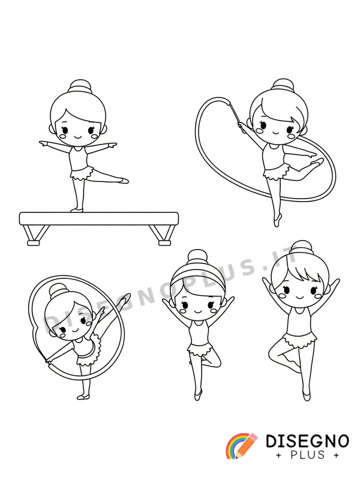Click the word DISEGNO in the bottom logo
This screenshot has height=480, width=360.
[307, 441]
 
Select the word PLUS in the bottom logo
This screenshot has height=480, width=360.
[307, 455]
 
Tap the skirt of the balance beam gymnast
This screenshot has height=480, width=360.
[81, 173]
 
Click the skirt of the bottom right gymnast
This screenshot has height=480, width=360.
[299, 341]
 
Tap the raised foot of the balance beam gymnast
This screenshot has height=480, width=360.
[123, 181]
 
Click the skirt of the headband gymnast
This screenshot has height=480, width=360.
[200, 349]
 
